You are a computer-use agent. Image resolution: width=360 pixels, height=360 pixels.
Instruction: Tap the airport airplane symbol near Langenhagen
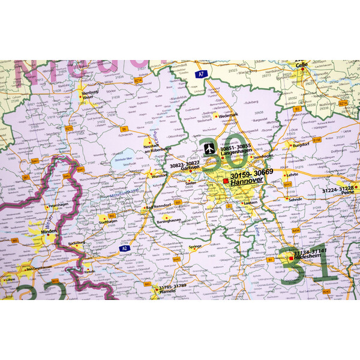[x=208, y=146]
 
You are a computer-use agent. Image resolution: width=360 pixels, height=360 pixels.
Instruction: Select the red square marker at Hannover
[x=226, y=180]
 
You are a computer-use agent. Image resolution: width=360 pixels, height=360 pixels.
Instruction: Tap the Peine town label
[x=349, y=196]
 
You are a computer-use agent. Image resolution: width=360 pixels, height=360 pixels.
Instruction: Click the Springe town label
[x=196, y=247]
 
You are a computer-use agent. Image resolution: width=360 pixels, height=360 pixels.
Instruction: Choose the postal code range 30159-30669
[x=251, y=172]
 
